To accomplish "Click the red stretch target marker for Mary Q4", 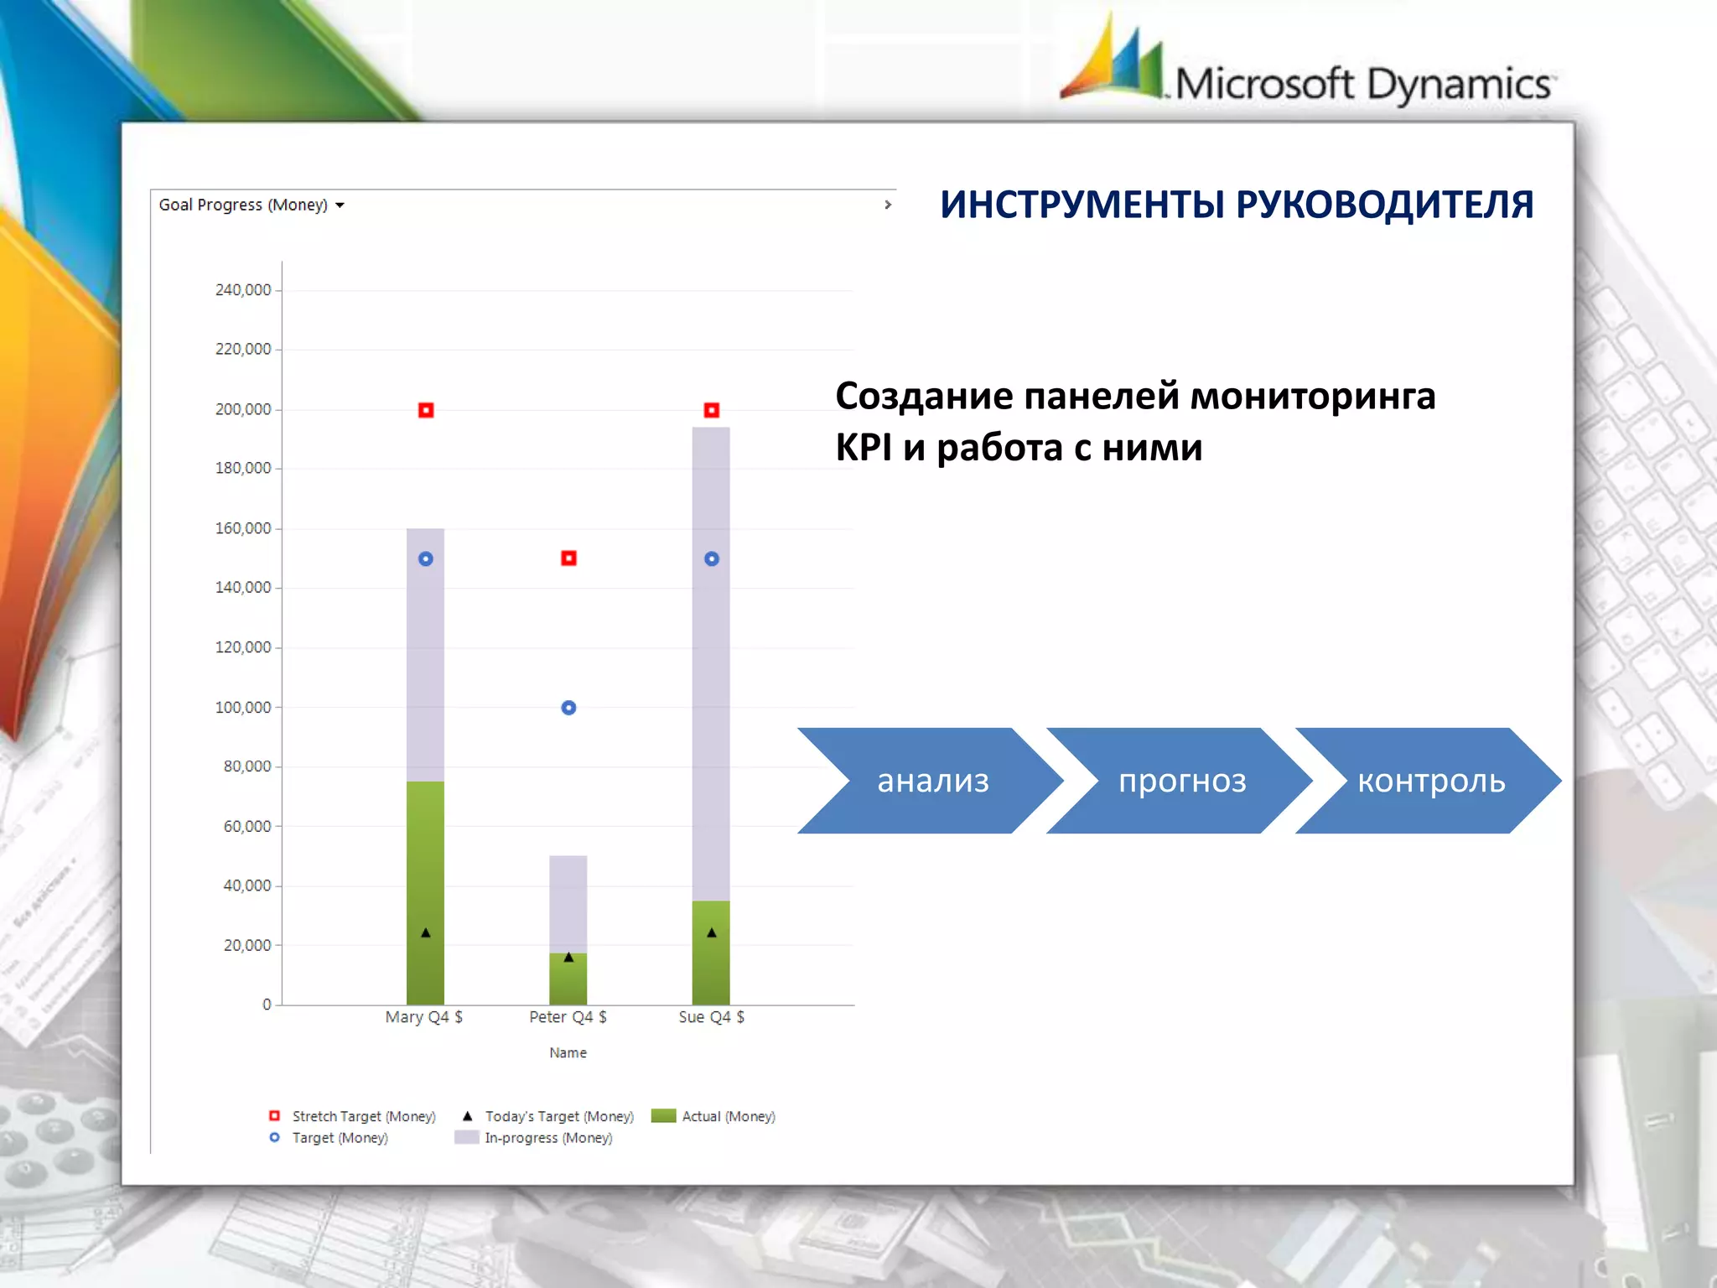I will (426, 410).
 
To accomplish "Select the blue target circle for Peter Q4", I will (568, 708).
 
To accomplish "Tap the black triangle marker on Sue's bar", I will (711, 932).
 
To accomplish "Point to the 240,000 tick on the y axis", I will (243, 290).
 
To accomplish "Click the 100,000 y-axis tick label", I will (243, 708).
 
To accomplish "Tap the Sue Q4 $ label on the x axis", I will (711, 1017).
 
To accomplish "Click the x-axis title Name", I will (568, 1052).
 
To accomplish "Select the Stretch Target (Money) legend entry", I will (363, 1116).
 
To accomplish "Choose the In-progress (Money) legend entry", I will (547, 1138).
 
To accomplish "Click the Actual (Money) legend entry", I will (728, 1116).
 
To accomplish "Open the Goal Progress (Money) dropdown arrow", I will (340, 205).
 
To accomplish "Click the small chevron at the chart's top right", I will (888, 205).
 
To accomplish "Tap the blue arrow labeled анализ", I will (932, 781).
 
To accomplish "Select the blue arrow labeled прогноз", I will (1181, 781).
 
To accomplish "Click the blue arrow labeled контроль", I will (1430, 781).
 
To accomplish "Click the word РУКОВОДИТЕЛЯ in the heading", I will (1384, 205).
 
